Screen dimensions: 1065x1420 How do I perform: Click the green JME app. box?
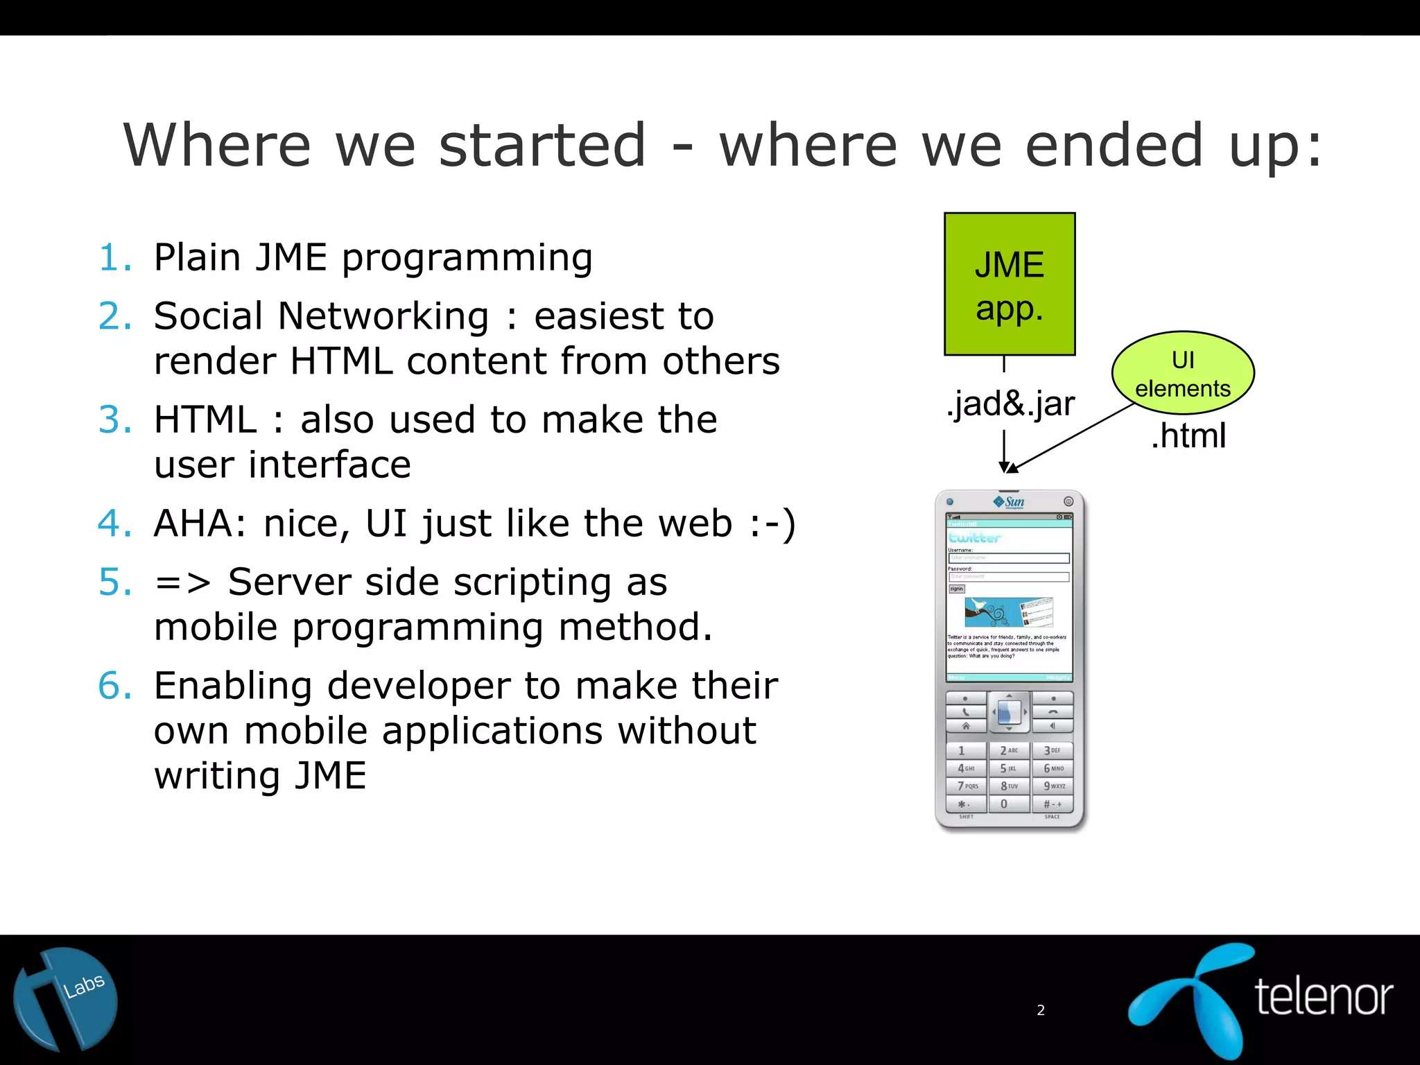pyautogui.click(x=1010, y=284)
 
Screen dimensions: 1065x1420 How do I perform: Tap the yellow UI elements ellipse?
pyautogui.click(x=1183, y=373)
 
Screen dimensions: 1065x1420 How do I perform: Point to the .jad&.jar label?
pyautogui.click(x=1010, y=404)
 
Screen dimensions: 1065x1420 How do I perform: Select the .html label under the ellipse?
pyautogui.click(x=1188, y=436)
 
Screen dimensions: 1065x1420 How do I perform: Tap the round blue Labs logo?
pyautogui.click(x=66, y=999)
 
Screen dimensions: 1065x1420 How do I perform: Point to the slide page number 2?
pyautogui.click(x=1041, y=1010)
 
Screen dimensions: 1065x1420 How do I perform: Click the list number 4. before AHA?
pyautogui.click(x=114, y=523)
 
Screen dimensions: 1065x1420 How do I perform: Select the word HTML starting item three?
pyautogui.click(x=205, y=420)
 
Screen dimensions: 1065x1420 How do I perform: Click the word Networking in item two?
pyautogui.click(x=383, y=317)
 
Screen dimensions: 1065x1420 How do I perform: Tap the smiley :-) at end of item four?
pyautogui.click(x=772, y=523)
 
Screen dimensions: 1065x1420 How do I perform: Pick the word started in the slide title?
pyautogui.click(x=542, y=146)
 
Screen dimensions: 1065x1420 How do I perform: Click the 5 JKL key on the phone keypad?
pyautogui.click(x=1008, y=768)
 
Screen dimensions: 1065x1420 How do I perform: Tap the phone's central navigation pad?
pyautogui.click(x=1009, y=712)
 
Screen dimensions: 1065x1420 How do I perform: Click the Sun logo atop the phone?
pyautogui.click(x=1010, y=502)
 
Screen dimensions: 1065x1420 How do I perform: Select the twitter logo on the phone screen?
pyautogui.click(x=975, y=537)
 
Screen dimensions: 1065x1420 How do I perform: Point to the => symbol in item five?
pyautogui.click(x=182, y=582)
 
